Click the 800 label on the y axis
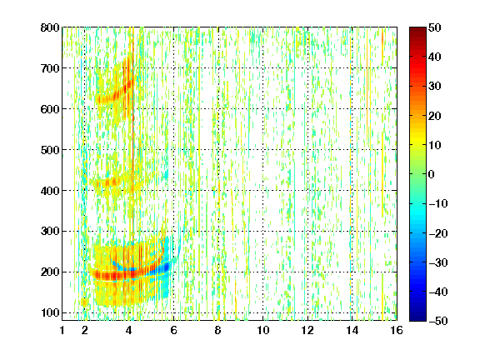(50, 27)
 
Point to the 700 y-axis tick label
(50, 68)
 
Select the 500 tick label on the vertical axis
(50, 150)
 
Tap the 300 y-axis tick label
(50, 232)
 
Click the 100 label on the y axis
(50, 312)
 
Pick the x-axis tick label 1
(62, 330)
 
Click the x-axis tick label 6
(173, 330)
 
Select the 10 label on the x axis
(262, 330)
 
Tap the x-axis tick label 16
(397, 330)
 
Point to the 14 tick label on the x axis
(352, 330)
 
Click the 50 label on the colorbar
(434, 27)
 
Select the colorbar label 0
(432, 174)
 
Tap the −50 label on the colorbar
(438, 321)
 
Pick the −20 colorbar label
(438, 233)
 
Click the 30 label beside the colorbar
(434, 87)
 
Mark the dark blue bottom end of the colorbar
(417, 318)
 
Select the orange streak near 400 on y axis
(107, 182)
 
